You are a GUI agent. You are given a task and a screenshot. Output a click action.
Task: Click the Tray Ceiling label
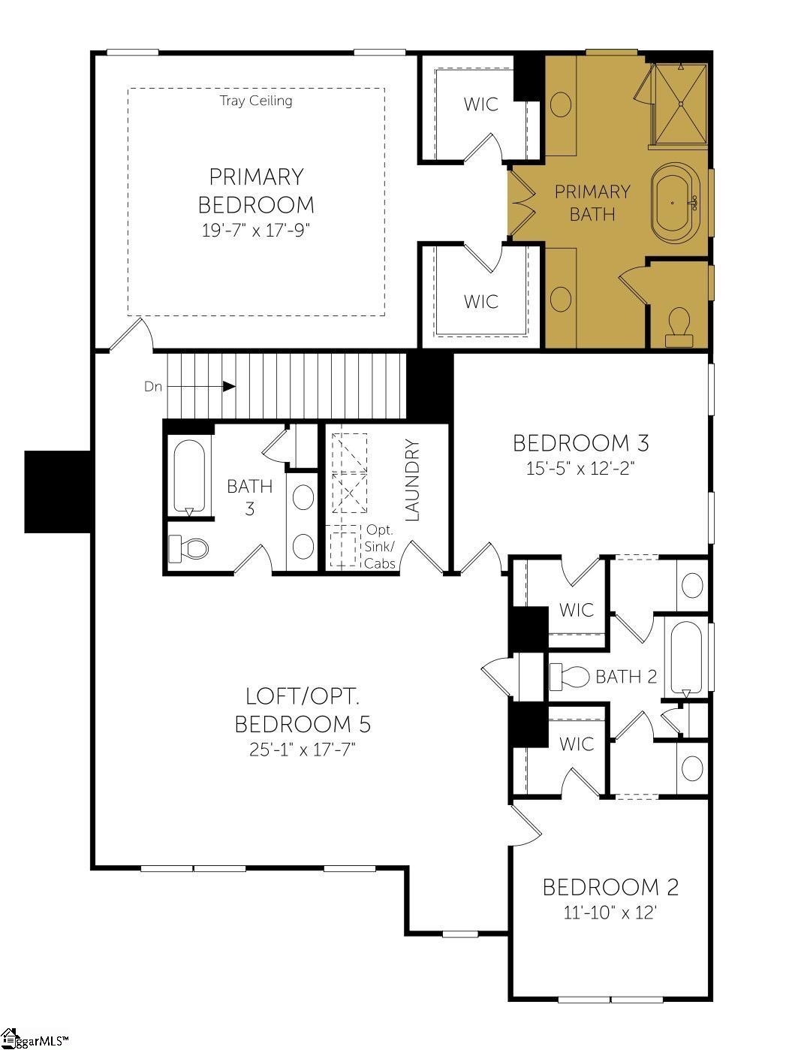coord(256,101)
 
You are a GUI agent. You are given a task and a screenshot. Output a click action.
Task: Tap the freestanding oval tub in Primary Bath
coord(676,203)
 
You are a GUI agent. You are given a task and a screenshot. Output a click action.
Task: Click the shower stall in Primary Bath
coord(680,104)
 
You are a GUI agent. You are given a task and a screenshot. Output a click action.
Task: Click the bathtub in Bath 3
coord(189,476)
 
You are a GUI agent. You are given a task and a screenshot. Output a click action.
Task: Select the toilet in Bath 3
coord(189,549)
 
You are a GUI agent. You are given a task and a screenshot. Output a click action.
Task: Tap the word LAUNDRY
coord(411,479)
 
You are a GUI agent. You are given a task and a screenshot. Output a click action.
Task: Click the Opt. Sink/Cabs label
coord(380,547)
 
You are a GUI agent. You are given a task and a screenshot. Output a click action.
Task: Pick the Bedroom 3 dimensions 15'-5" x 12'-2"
coord(580,469)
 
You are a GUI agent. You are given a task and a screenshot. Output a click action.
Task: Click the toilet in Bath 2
coord(570,677)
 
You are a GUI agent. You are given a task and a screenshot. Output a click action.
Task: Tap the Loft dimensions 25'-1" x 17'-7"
coord(303,749)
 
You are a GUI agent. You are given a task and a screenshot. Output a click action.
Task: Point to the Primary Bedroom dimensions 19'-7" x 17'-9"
coord(256,231)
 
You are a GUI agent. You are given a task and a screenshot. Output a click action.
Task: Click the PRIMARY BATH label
coord(592,202)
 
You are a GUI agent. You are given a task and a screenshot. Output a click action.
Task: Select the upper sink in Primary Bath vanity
coord(561,104)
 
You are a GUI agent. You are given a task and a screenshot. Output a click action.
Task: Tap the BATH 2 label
coord(626,677)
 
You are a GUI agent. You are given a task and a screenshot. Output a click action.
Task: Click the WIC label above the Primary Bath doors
coord(481,104)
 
